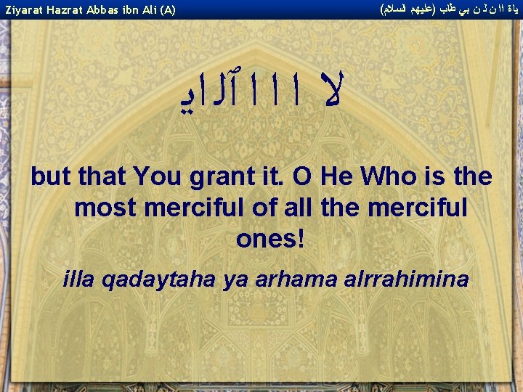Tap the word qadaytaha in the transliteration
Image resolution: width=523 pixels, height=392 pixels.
(x=153, y=279)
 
